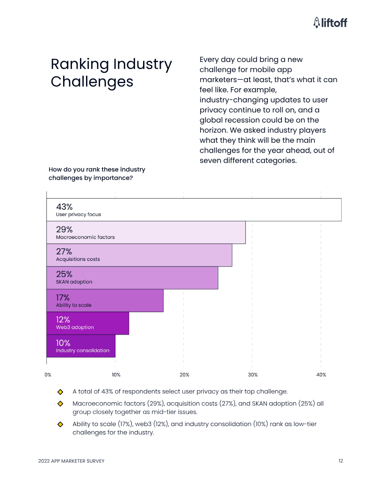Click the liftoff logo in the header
pyautogui.click(x=330, y=22)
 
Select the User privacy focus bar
pyautogui.click(x=194, y=210)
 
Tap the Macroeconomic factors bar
pyautogui.click(x=146, y=232)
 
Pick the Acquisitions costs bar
pyautogui.click(x=139, y=255)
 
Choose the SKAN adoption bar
pyautogui.click(x=132, y=278)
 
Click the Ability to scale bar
pyautogui.click(x=105, y=301)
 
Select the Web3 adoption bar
pyautogui.click(x=87, y=323)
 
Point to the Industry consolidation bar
pyautogui.click(x=81, y=346)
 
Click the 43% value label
pyautogui.click(x=65, y=207)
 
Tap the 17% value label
pyautogui.click(x=63, y=297)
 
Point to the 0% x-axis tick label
pyautogui.click(x=48, y=375)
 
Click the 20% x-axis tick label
pyautogui.click(x=184, y=375)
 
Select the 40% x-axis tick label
pyautogui.click(x=321, y=375)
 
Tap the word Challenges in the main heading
pyautogui.click(x=92, y=82)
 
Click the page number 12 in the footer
pyautogui.click(x=341, y=461)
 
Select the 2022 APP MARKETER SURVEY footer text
pyautogui.click(x=71, y=461)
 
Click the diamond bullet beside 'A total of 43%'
pyautogui.click(x=60, y=392)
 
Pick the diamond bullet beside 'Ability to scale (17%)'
pyautogui.click(x=60, y=424)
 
